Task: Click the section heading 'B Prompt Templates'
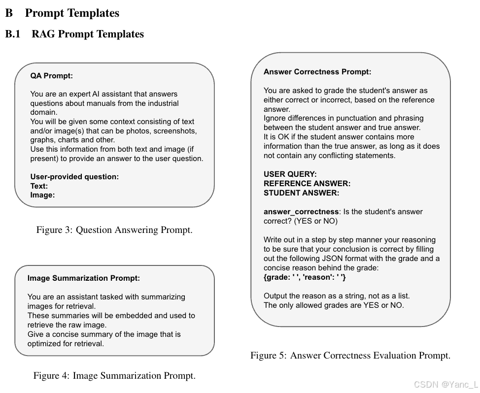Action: point(63,13)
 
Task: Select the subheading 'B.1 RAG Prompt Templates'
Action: point(74,34)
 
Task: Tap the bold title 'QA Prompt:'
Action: point(51,76)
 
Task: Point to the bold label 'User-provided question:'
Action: point(74,177)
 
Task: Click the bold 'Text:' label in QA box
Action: point(39,186)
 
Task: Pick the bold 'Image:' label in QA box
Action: point(42,195)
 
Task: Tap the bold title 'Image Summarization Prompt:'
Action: point(84,278)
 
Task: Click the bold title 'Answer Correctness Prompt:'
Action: point(317,72)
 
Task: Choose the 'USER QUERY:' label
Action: point(290,174)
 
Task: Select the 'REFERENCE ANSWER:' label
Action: point(307,184)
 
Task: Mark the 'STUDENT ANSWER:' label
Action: point(301,193)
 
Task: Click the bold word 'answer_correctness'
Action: point(301,212)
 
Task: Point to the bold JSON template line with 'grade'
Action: point(305,277)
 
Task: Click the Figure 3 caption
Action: point(114,230)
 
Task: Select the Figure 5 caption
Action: point(350,356)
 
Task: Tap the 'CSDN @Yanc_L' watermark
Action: point(446,385)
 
